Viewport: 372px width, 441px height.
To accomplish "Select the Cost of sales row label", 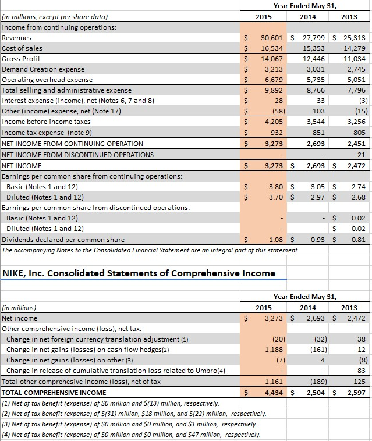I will pyautogui.click(x=22, y=48).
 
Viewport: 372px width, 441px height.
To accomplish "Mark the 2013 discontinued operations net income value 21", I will pyautogui.click(x=361, y=155).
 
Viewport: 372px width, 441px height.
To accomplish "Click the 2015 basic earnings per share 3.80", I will pyautogui.click(x=276, y=187).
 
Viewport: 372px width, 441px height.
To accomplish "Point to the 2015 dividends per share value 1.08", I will pyautogui.click(x=276, y=240).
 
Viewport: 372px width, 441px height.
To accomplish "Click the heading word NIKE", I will pyautogui.click(x=17, y=273).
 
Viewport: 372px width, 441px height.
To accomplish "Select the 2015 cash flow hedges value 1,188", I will pyautogui.click(x=274, y=350).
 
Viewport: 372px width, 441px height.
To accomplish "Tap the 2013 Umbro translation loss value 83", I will pyautogui.click(x=361, y=371).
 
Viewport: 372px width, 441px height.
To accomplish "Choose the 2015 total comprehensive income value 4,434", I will pyautogui.click(x=274, y=393).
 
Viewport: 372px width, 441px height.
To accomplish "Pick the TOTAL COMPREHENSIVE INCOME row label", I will pyautogui.click(x=54, y=393).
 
